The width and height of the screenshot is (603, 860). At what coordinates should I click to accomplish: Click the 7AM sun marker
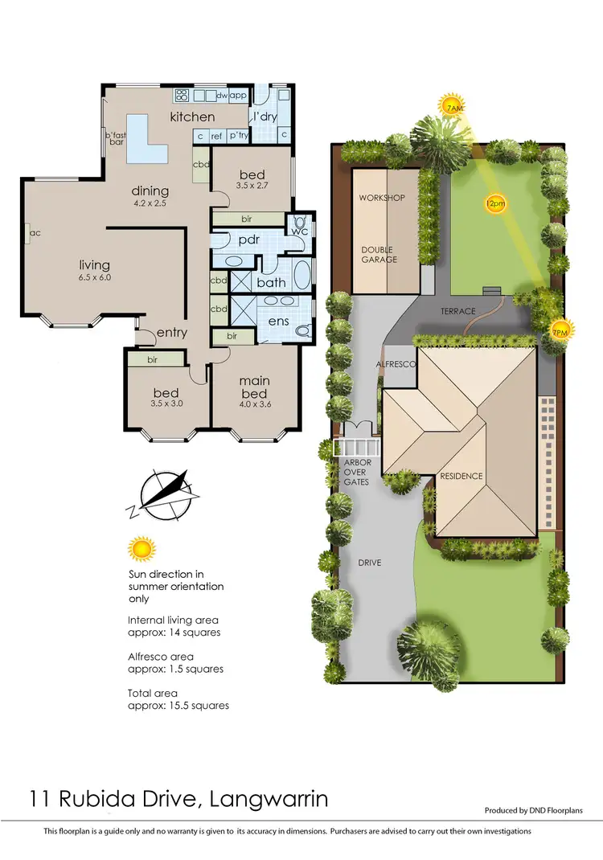(453, 106)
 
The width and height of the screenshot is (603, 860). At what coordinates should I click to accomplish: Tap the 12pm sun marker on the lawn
(495, 204)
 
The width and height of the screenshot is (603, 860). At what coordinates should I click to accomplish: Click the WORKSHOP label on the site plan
(382, 198)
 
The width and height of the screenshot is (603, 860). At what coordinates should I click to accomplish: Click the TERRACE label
(458, 311)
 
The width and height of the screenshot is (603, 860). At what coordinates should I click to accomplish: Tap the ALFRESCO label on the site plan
(396, 365)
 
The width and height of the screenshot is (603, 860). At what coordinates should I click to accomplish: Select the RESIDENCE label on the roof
(461, 476)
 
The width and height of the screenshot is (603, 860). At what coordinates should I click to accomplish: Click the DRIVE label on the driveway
(370, 563)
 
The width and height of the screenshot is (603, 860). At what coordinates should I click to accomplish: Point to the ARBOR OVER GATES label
(355, 473)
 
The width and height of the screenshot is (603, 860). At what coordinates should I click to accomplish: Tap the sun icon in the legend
(141, 550)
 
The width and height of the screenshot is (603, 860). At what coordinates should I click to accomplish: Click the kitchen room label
(192, 117)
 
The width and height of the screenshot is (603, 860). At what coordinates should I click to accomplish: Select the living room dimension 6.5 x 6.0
(94, 277)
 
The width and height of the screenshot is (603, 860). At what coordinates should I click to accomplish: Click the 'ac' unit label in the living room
(35, 234)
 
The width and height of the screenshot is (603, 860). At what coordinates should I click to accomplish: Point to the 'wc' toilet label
(299, 231)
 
